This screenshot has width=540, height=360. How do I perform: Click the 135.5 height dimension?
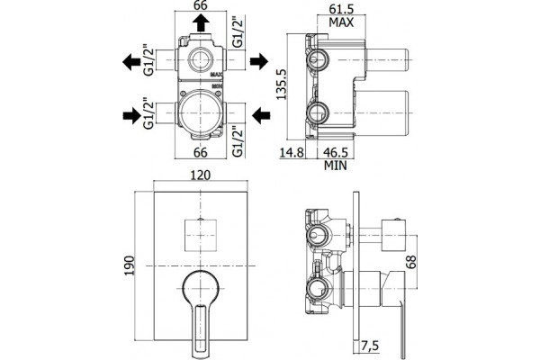[282, 85]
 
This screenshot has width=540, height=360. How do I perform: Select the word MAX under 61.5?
[341, 22]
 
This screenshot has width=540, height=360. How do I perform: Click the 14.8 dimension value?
[292, 152]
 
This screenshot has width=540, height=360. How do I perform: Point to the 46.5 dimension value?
[335, 152]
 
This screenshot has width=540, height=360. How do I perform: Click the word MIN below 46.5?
[336, 166]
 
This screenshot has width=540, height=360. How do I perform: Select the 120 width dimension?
[200, 175]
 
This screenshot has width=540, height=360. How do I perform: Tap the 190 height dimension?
[129, 265]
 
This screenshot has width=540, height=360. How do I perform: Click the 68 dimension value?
[411, 262]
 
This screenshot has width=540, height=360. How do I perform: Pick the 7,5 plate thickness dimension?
[370, 346]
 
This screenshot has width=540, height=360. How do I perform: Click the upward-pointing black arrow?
[201, 24]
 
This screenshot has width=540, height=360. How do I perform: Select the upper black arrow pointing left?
[131, 62]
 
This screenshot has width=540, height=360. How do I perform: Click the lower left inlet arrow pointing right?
[132, 115]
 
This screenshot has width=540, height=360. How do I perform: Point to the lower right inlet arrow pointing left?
[261, 115]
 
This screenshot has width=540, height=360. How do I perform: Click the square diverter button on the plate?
[200, 235]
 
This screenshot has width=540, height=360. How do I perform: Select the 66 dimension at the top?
[200, 5]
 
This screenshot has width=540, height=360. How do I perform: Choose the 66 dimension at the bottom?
[200, 152]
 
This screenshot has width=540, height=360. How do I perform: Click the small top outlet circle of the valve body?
[201, 59]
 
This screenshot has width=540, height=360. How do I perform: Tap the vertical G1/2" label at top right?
[238, 32]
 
